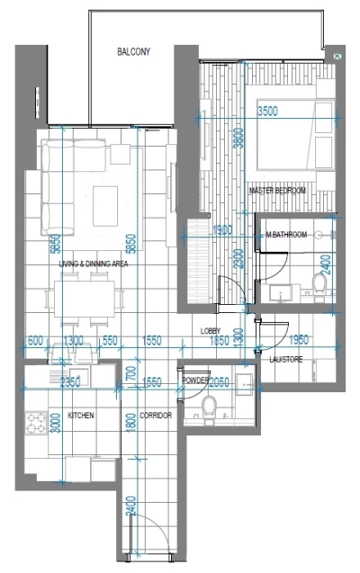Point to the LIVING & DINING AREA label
click(94, 264)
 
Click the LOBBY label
click(211, 331)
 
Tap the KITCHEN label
click(81, 416)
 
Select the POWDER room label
click(196, 381)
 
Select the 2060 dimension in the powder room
click(221, 381)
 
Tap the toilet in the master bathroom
click(319, 282)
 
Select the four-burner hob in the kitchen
click(38, 419)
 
